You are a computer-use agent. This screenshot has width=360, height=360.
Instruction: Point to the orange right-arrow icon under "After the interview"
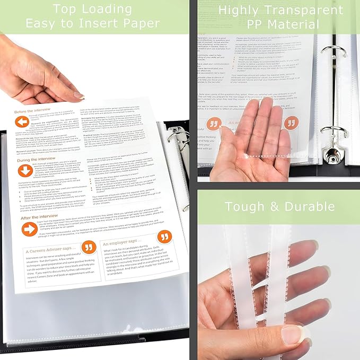[29, 229]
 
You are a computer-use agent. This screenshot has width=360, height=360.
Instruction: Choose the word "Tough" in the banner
[248, 207]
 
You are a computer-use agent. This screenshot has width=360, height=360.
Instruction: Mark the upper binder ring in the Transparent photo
[334, 53]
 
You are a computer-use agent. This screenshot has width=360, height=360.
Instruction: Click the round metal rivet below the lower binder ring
[335, 156]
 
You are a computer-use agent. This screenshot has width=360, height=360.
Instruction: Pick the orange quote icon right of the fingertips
[290, 123]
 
